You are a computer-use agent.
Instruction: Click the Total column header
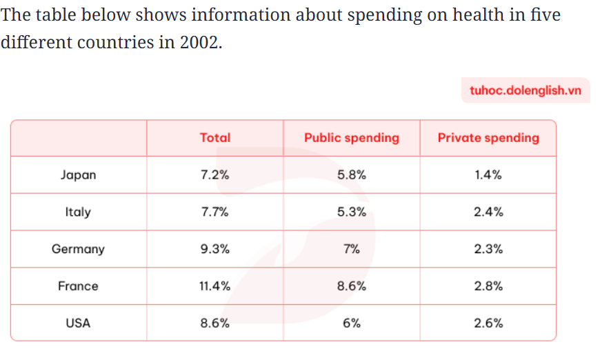pyautogui.click(x=215, y=138)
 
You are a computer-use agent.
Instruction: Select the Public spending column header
pyautogui.click(x=352, y=138)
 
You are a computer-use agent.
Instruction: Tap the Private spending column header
pyautogui.click(x=488, y=138)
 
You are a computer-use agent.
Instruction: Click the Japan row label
pyautogui.click(x=78, y=175)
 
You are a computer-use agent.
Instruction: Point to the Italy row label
pyautogui.click(x=78, y=212)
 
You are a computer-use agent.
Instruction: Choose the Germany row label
pyautogui.click(x=78, y=249)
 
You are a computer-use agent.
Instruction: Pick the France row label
pyautogui.click(x=78, y=286)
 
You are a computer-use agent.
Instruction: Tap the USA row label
pyautogui.click(x=78, y=323)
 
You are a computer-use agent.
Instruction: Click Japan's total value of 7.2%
pyautogui.click(x=215, y=175)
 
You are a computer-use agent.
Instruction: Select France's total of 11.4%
pyautogui.click(x=215, y=286)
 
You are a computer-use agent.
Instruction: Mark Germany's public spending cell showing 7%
pyautogui.click(x=352, y=249)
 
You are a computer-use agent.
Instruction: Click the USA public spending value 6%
pyautogui.click(x=352, y=323)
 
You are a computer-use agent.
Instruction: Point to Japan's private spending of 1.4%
pyautogui.click(x=488, y=175)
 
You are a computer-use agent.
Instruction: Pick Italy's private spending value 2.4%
pyautogui.click(x=488, y=212)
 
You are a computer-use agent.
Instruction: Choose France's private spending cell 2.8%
pyautogui.click(x=488, y=286)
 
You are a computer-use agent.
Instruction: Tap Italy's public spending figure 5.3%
pyautogui.click(x=352, y=212)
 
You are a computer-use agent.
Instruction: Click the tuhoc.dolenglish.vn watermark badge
pyautogui.click(x=526, y=90)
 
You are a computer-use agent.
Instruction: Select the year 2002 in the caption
pyautogui.click(x=201, y=42)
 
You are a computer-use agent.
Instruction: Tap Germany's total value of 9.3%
pyautogui.click(x=215, y=249)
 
